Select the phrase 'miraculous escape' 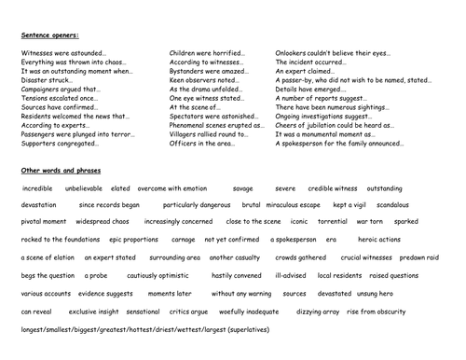pyautogui.click(x=299, y=204)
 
